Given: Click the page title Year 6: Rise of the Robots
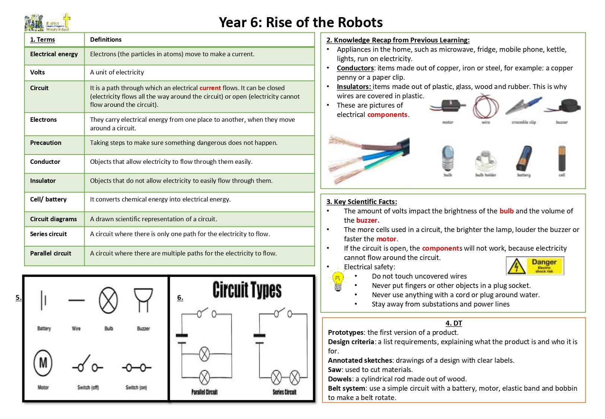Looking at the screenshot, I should [300, 22].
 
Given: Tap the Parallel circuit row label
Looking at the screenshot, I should [51, 253].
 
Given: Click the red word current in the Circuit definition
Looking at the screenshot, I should [210, 88].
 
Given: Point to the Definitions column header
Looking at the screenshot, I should [106, 39].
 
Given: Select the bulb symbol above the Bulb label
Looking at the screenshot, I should [108, 301].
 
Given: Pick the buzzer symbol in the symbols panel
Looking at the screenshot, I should [143, 299].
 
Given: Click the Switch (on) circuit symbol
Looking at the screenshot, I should [136, 368].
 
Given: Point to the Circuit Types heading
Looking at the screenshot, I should [247, 291].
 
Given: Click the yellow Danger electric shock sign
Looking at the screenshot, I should [535, 266].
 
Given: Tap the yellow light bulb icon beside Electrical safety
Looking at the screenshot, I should [338, 280].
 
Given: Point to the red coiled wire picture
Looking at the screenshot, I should [485, 105].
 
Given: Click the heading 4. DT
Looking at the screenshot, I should [453, 323].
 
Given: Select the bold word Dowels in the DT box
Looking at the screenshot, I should [340, 379].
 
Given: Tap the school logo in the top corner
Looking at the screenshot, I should [48, 22].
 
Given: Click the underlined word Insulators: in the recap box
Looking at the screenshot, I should [354, 86].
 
